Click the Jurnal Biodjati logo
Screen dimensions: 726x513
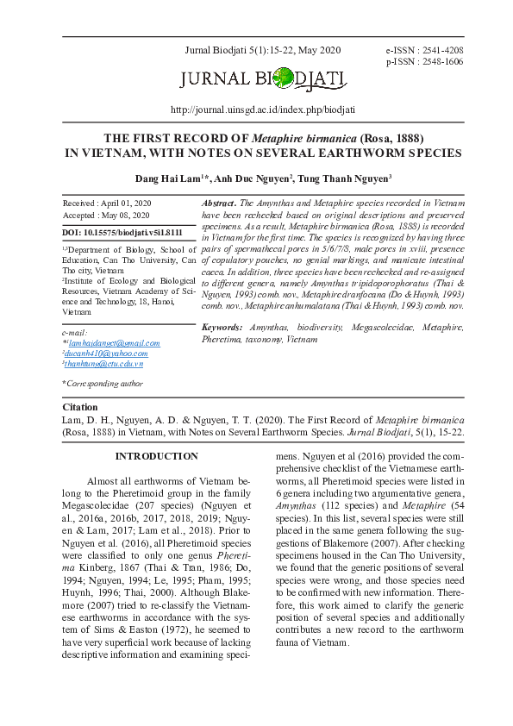point(264,81)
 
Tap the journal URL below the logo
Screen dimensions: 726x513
point(263,110)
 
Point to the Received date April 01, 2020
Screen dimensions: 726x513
point(108,203)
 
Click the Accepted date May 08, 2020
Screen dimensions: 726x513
point(108,216)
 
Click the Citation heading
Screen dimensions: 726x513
point(80,407)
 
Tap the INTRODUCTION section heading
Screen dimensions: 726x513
point(156,456)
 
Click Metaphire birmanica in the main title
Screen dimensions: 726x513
point(304,138)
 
